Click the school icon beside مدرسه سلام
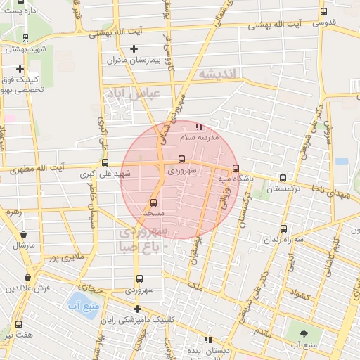point(199,127)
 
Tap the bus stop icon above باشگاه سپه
point(236,169)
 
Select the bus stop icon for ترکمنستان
point(283,179)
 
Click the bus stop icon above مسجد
point(153,202)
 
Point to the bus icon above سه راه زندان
point(283,229)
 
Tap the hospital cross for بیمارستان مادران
point(134,49)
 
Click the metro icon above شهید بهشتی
point(26,38)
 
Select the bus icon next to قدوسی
point(324,11)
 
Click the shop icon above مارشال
point(24,235)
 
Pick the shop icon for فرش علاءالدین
point(27,277)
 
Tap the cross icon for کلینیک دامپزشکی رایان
point(137,309)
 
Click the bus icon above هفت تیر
point(18,324)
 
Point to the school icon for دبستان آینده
point(191,338)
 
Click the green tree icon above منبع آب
point(303,335)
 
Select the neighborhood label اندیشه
point(219,74)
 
